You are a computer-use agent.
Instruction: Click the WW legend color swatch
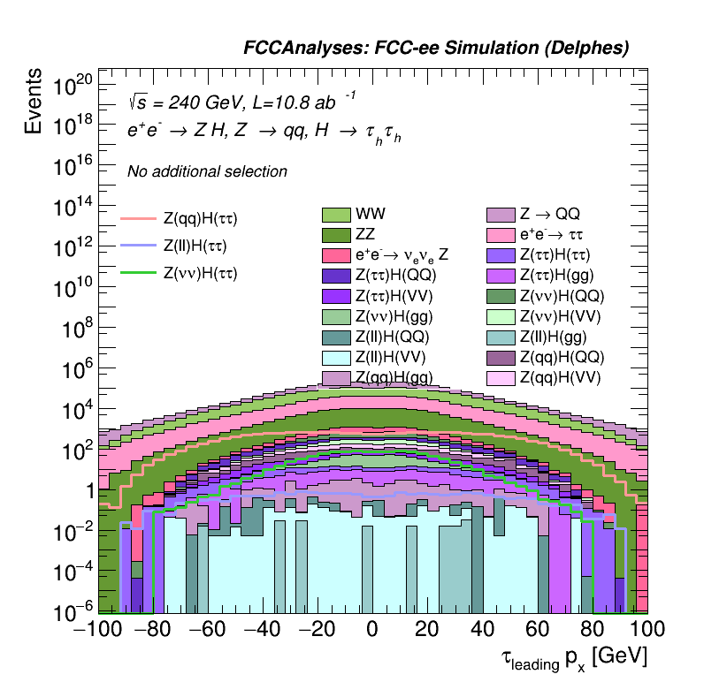click(336, 215)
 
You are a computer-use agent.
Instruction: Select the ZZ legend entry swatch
click(336, 235)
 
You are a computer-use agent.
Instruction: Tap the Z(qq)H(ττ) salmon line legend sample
click(138, 218)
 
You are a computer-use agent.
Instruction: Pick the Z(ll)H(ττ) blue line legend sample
click(138, 246)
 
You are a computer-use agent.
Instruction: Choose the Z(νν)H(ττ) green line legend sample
click(138, 273)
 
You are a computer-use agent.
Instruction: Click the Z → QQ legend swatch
click(501, 215)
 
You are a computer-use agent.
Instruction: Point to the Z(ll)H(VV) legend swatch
click(336, 357)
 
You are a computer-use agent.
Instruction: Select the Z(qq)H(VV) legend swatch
click(501, 377)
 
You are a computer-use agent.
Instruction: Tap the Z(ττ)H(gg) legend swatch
click(501, 276)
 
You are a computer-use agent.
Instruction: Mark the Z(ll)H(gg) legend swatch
click(501, 337)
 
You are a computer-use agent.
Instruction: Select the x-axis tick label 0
click(372, 631)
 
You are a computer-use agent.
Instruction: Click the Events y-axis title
click(33, 102)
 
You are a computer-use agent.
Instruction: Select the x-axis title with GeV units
click(575, 658)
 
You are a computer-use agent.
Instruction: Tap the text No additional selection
click(207, 171)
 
